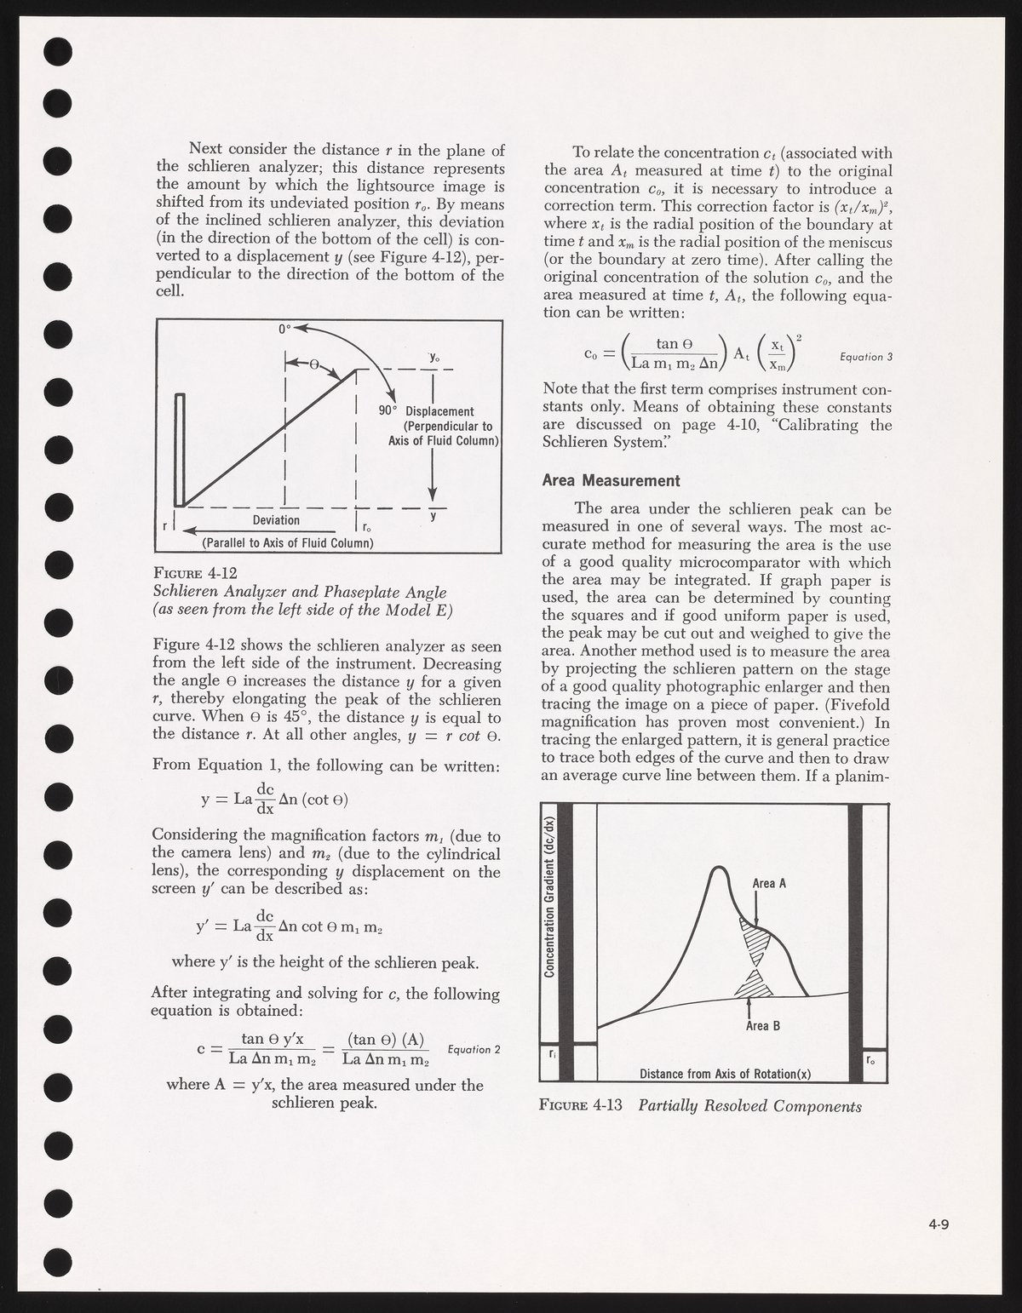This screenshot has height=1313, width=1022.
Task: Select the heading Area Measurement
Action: (x=611, y=480)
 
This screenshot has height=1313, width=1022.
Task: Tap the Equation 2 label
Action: (x=473, y=1049)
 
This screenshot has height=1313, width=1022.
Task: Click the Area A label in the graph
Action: (x=769, y=883)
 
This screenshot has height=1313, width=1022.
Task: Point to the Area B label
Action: (x=763, y=1026)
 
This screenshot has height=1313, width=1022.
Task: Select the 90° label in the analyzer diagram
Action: (x=389, y=412)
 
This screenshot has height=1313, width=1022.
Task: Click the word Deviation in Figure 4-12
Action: (x=276, y=520)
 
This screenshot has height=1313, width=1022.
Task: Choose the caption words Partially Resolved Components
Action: (x=749, y=1106)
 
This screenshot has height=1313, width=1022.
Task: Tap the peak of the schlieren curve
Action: (x=721, y=869)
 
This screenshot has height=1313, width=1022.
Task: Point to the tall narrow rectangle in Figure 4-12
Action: (x=179, y=449)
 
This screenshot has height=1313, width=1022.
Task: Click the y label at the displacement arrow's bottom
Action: (x=433, y=515)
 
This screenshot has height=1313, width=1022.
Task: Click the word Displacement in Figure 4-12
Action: (x=439, y=412)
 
